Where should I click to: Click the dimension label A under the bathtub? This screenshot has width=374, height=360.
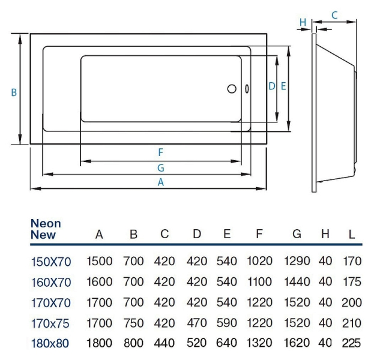tap(161, 182)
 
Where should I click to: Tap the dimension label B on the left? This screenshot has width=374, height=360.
tap(13, 92)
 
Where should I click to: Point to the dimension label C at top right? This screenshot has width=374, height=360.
tap(334, 14)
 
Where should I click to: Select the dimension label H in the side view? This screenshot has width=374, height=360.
tap(303, 23)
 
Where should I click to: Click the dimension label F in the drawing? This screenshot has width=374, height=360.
tap(160, 152)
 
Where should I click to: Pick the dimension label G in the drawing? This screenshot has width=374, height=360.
tap(161, 167)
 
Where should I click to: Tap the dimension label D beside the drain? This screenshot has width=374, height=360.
tap(271, 86)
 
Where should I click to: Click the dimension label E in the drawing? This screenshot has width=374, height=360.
tap(283, 86)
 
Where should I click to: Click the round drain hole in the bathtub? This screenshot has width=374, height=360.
tap(232, 89)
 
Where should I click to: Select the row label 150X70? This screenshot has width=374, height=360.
tap(50, 261)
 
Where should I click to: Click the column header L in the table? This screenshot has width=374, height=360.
tap(352, 235)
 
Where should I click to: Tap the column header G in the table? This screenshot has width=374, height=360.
tap(297, 235)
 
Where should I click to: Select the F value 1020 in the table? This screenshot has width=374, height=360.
tap(259, 261)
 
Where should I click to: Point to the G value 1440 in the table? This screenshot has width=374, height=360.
tap(297, 282)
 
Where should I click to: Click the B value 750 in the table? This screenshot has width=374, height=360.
tap(134, 324)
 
